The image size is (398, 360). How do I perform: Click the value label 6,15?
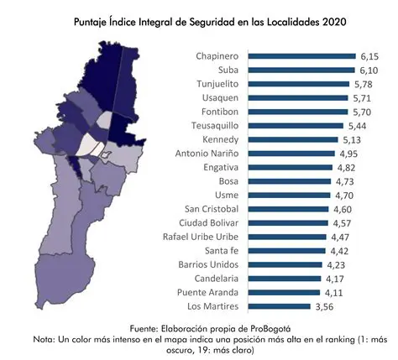[x=372, y=55]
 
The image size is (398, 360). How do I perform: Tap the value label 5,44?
[x=365, y=125]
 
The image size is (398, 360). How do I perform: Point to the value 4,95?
[x=360, y=154]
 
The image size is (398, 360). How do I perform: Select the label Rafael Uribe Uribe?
[x=204, y=237]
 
